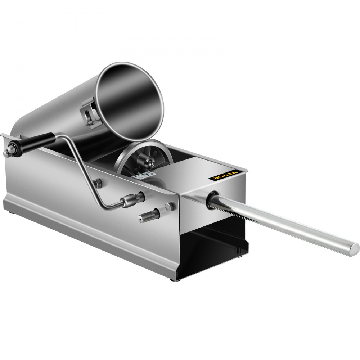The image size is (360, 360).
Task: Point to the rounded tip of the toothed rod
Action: tap(354, 248)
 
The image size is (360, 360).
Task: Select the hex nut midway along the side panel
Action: tap(97, 183)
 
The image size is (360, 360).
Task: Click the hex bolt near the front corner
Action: tap(170, 207)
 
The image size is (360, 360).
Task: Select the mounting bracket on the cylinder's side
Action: tap(90, 114)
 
